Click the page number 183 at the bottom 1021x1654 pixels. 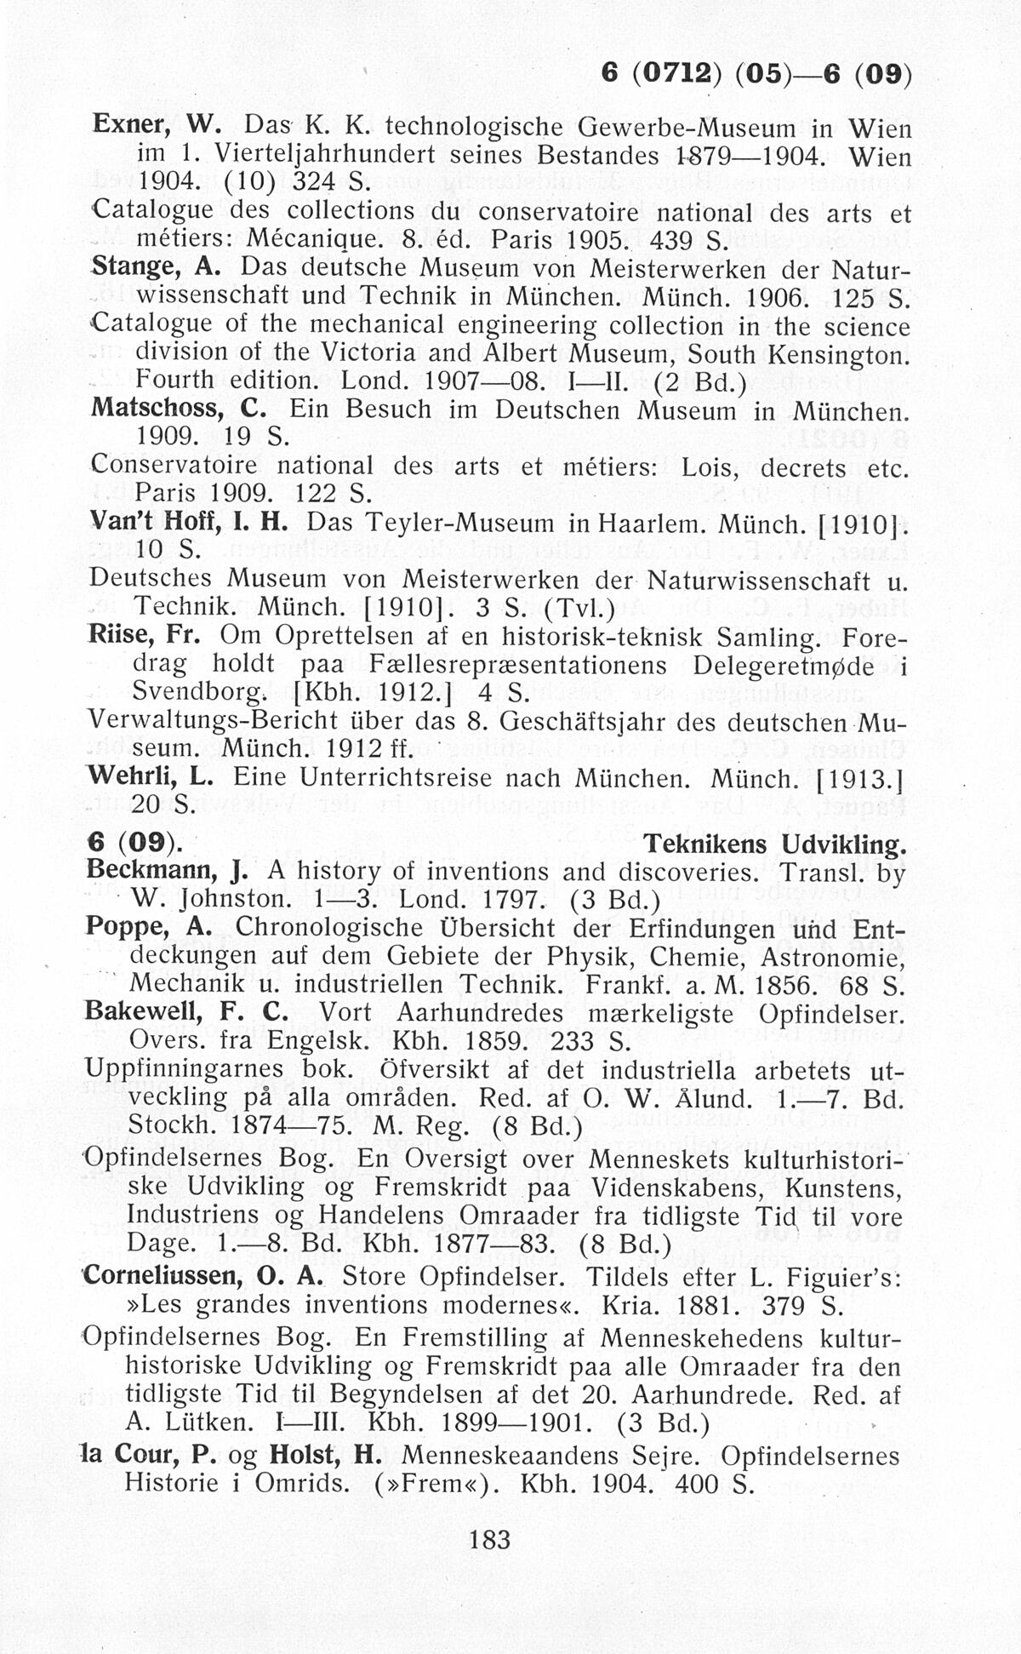489,1539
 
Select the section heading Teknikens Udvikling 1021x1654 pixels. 774,844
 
